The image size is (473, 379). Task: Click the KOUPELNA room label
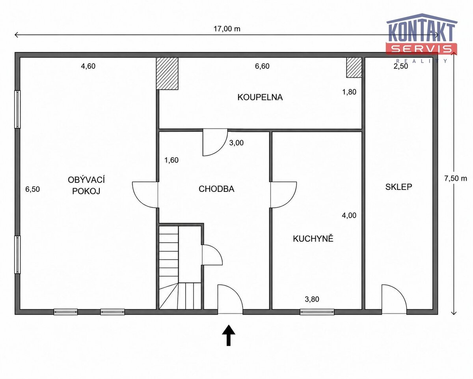coord(260,97)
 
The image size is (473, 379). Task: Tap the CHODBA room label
coord(216,189)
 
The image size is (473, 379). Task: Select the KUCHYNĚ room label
coord(313,239)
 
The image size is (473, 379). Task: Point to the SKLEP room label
coord(399,187)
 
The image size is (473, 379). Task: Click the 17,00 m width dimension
coord(227,29)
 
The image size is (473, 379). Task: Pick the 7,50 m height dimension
coord(456,178)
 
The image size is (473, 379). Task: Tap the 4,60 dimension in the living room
coord(88,66)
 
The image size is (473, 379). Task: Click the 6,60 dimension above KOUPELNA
coord(262,66)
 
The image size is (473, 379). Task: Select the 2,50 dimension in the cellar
coord(401,66)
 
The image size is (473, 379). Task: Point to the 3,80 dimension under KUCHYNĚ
coord(312,299)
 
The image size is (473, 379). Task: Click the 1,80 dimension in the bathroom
coord(349,92)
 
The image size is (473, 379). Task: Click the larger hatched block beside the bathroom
coord(167,73)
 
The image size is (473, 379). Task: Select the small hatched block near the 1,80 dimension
coord(354,68)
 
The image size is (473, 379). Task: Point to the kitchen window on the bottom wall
coord(317,312)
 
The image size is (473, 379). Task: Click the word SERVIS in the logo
coord(421,49)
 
